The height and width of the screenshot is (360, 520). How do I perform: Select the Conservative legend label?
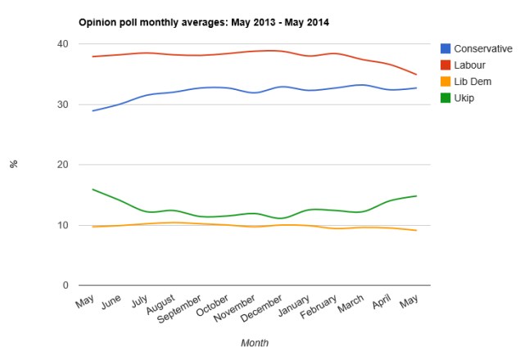coord(482,49)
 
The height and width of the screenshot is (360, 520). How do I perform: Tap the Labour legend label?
coord(471,65)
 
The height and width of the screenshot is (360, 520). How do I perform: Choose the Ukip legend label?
coord(464,97)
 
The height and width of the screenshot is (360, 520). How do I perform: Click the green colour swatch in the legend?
coord(445,97)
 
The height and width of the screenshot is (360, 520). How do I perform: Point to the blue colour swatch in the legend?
coord(445,49)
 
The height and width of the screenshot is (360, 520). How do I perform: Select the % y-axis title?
coord(14,164)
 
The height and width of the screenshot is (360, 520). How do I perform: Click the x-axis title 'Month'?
coord(254,343)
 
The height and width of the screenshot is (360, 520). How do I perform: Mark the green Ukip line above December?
coord(282,218)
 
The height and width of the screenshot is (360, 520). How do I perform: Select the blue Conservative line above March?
coord(361,84)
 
